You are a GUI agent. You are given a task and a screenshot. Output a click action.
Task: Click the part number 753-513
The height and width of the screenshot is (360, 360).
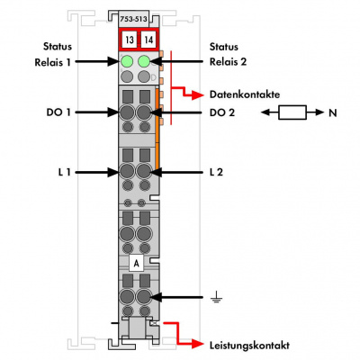(x=133, y=19)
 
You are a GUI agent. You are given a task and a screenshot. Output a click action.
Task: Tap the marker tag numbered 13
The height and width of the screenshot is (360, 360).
(x=130, y=40)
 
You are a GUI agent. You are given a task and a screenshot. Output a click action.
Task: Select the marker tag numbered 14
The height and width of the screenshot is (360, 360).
(x=148, y=40)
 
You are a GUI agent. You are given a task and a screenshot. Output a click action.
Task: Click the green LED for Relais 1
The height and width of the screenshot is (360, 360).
(x=127, y=61)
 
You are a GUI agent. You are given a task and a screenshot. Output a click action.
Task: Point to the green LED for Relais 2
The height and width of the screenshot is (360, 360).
(x=144, y=61)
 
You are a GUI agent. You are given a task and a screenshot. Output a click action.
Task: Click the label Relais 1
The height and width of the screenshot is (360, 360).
(x=53, y=62)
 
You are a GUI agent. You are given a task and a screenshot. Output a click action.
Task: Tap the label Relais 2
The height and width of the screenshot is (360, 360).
(x=228, y=62)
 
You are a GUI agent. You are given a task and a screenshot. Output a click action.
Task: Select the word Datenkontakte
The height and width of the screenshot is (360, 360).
(x=245, y=94)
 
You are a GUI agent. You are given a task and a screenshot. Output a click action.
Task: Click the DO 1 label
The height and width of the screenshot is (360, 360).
(x=58, y=112)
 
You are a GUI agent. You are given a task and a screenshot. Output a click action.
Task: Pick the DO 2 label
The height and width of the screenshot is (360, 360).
(x=222, y=112)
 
